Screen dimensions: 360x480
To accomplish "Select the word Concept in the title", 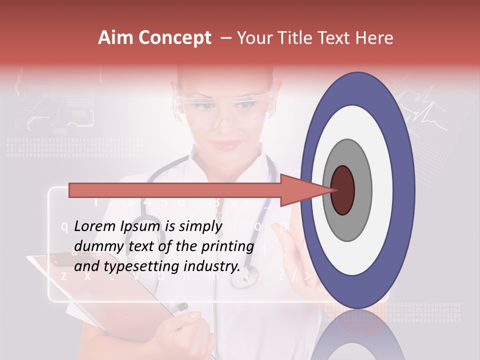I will click(x=174, y=38).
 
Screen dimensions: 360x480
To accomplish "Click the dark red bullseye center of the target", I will click(x=342, y=190).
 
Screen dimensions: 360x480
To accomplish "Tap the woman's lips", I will click(x=225, y=144).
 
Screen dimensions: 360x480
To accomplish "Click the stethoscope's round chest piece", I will click(x=245, y=275).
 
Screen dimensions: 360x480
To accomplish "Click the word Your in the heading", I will click(x=253, y=38).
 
